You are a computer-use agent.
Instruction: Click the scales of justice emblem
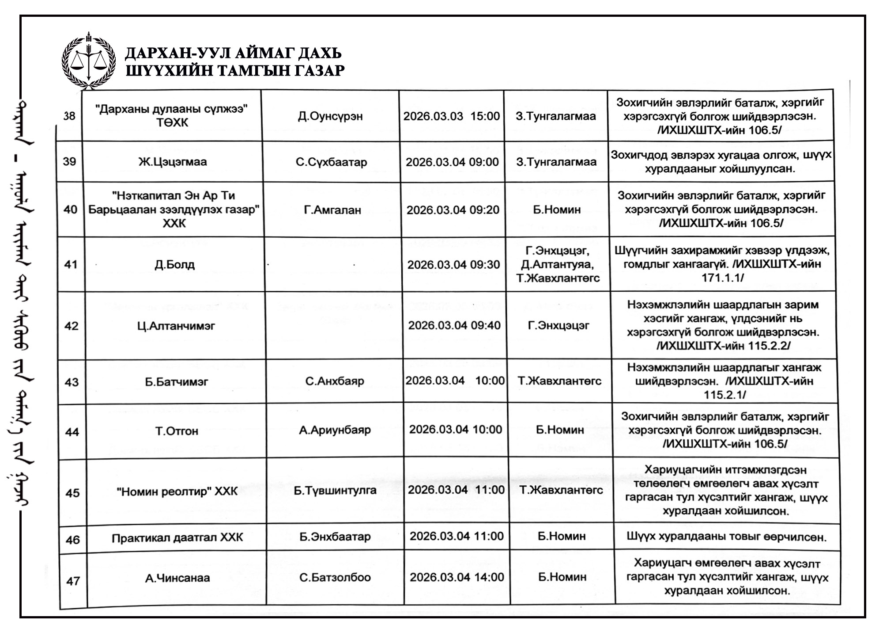[89, 60]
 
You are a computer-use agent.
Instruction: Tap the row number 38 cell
[69, 116]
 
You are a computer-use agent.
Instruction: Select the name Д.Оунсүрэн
[330, 116]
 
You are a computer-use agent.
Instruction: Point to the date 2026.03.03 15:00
[451, 116]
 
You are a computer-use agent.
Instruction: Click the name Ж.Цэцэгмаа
[173, 162]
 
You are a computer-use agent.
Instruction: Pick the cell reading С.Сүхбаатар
[331, 162]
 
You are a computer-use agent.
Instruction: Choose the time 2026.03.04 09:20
[453, 210]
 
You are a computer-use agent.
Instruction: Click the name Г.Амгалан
[332, 210]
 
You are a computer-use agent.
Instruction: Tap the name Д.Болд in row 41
[174, 265]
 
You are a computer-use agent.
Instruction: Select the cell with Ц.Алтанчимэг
[176, 326]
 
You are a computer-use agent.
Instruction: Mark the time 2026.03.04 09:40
[454, 326]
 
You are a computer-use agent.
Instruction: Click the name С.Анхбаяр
[335, 381]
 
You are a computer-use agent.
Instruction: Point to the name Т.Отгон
[177, 431]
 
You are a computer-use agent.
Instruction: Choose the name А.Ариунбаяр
[335, 430]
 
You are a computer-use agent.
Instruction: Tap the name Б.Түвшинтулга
[335, 490]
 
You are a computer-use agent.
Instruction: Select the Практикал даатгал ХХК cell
[177, 538]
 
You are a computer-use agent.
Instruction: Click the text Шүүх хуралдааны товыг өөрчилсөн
[726, 537]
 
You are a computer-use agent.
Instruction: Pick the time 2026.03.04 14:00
[457, 577]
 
